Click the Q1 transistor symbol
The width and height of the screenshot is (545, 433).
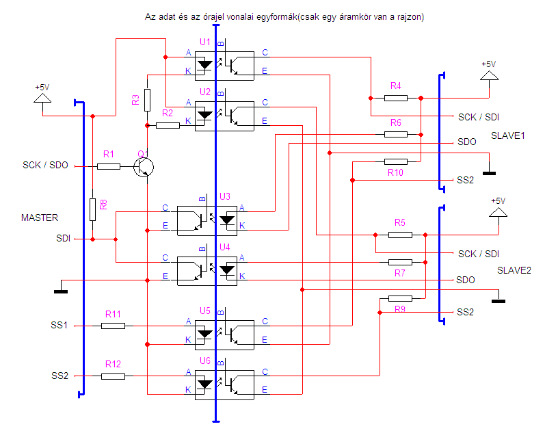144,167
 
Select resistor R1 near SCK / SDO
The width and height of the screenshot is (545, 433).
109,167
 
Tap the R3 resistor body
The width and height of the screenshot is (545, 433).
148,100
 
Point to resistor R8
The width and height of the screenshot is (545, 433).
92,209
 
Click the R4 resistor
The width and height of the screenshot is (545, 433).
396,98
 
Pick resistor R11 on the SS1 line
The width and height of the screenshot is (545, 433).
113,326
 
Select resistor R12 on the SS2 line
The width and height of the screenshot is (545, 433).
113,376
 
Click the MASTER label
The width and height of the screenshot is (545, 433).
40,218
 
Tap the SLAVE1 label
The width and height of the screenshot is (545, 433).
508,135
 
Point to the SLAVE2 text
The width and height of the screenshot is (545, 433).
514,270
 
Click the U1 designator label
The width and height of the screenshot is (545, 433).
205,42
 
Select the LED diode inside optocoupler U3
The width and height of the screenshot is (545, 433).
227,220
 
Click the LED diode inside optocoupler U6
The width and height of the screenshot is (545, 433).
204,384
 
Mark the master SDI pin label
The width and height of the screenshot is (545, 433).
64,238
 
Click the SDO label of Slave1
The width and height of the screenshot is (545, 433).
467,142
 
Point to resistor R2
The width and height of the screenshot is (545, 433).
168,125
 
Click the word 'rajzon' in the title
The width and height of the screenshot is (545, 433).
410,17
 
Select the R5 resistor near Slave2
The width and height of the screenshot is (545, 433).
401,235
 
